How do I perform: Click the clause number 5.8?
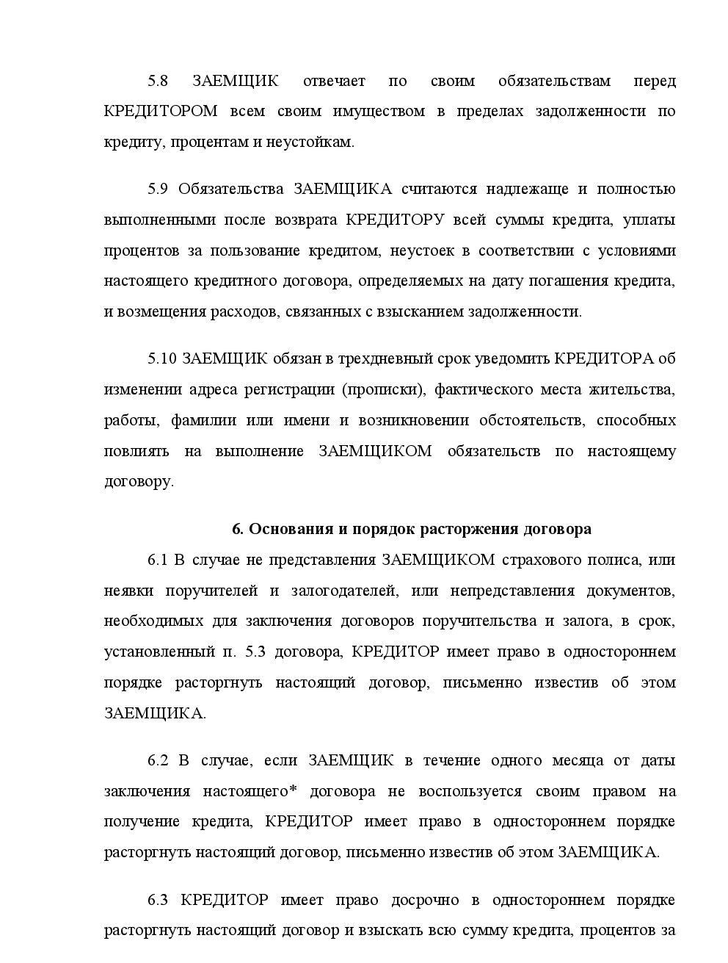coord(158,81)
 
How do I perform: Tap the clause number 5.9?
coord(158,189)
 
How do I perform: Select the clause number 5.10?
coord(161,358)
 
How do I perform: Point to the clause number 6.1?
coord(158,560)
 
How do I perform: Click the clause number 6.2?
coord(158,760)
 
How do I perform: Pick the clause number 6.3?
coord(158,900)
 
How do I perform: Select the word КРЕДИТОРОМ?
coord(161,112)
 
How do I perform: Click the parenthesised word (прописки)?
coord(384,389)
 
